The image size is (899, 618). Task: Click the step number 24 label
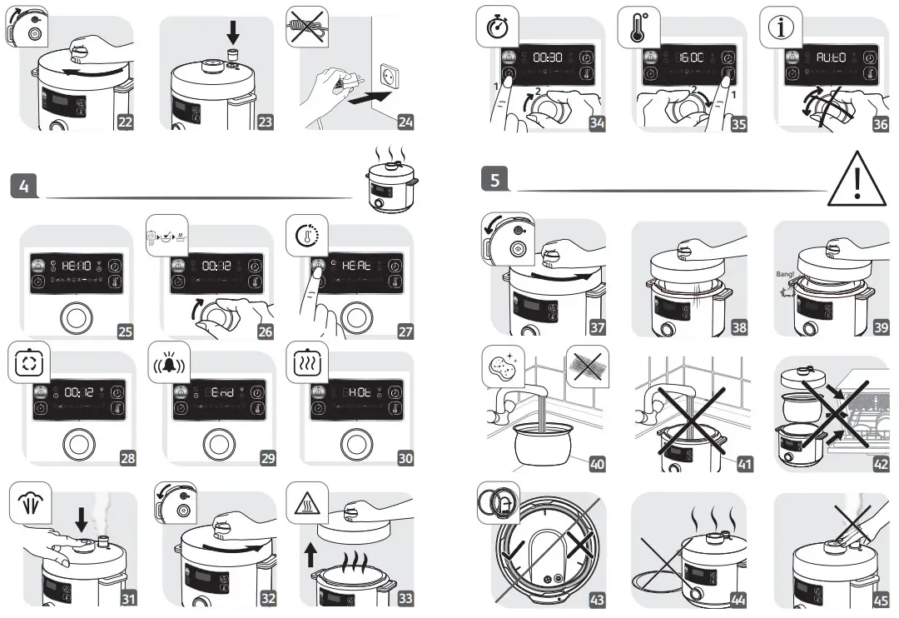click(x=405, y=122)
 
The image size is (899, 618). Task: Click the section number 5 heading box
click(x=494, y=178)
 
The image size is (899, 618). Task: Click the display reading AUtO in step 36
click(x=830, y=58)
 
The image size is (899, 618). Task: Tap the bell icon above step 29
click(x=166, y=367)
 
